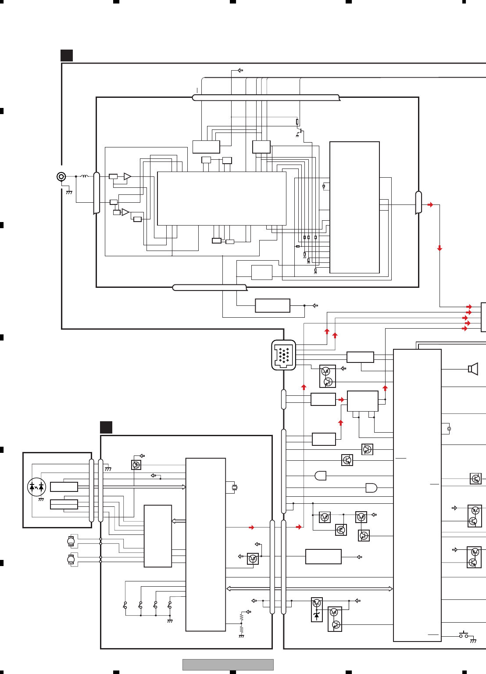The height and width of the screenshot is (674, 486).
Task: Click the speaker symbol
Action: pyautogui.click(x=473, y=369)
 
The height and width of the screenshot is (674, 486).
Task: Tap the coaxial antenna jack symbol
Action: pyautogui.click(x=61, y=177)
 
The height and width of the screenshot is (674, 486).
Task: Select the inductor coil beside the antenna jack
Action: pyautogui.click(x=84, y=176)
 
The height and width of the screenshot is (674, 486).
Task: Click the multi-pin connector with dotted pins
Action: pyautogui.click(x=284, y=355)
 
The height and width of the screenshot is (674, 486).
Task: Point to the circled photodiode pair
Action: pyautogui.click(x=36, y=487)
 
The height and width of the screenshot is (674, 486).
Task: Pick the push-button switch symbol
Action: pyautogui.click(x=464, y=635)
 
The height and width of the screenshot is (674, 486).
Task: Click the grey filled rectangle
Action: pyautogui.click(x=228, y=664)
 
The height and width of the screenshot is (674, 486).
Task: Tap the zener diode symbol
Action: pyautogui.click(x=317, y=615)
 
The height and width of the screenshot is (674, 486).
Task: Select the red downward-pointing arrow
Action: pyautogui.click(x=440, y=248)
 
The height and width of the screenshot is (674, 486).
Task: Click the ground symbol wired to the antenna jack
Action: pyautogui.click(x=69, y=192)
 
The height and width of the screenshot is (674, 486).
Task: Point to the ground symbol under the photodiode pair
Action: pyautogui.click(x=41, y=499)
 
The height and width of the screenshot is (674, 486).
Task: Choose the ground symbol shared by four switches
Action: pyautogui.click(x=170, y=621)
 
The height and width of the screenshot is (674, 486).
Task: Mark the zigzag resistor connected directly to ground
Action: pyautogui.click(x=241, y=630)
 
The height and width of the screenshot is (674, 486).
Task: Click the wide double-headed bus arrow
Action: pyautogui.click(x=309, y=589)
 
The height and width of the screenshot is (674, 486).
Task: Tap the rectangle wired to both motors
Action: pyautogui.click(x=158, y=536)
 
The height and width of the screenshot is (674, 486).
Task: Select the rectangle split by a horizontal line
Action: pyautogui.click(x=64, y=504)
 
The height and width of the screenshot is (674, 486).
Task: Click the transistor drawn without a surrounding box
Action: pyautogui.click(x=300, y=131)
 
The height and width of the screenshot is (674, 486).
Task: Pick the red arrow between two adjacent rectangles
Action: pyautogui.click(x=341, y=400)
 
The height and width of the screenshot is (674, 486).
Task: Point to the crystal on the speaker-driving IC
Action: pyautogui.click(x=449, y=429)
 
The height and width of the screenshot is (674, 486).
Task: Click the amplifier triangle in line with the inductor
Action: pyautogui.click(x=127, y=176)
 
